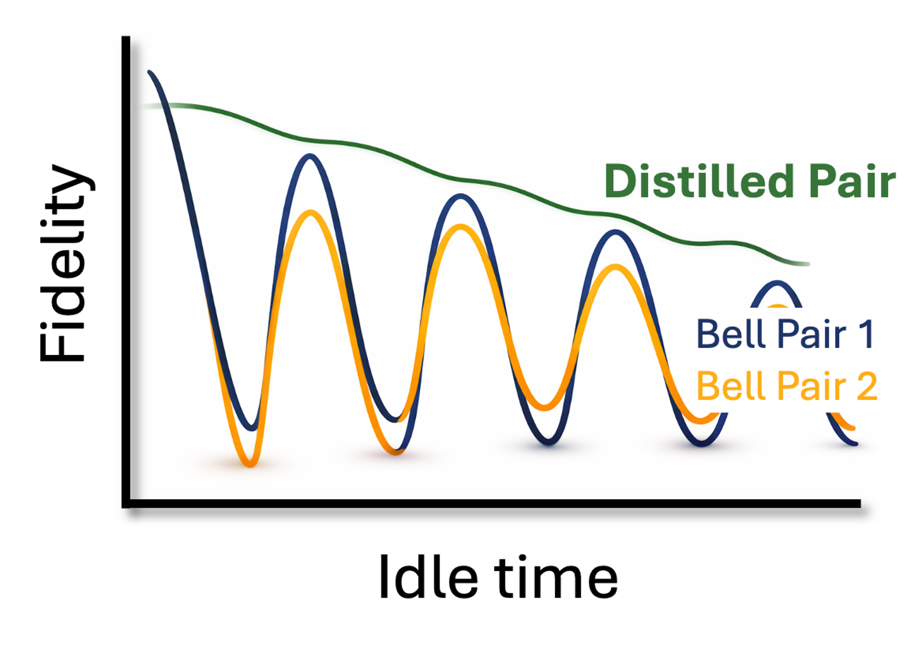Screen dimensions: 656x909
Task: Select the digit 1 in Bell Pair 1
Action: click(867, 334)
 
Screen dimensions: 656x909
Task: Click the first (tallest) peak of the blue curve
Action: click(310, 157)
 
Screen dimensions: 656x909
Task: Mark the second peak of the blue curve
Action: click(460, 197)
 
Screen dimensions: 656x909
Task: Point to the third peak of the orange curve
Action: click(616, 267)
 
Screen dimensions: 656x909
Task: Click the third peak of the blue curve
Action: click(616, 233)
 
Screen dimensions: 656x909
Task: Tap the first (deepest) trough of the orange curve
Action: click(250, 464)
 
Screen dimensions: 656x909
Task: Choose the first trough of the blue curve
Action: click(252, 428)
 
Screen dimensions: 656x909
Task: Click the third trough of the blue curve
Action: click(549, 443)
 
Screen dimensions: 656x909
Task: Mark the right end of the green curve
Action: click(808, 264)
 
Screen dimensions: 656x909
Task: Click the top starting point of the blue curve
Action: click(150, 72)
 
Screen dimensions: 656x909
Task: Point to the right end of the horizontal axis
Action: click(859, 503)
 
